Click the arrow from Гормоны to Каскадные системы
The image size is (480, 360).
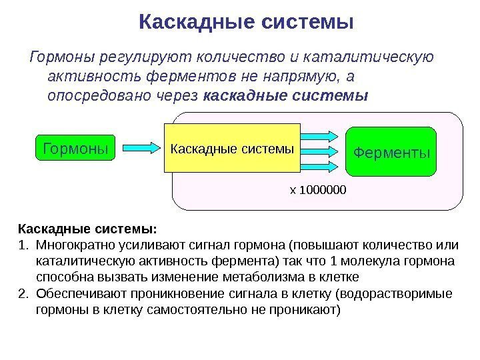tap(139, 146)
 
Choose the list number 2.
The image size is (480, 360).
tap(22, 293)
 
